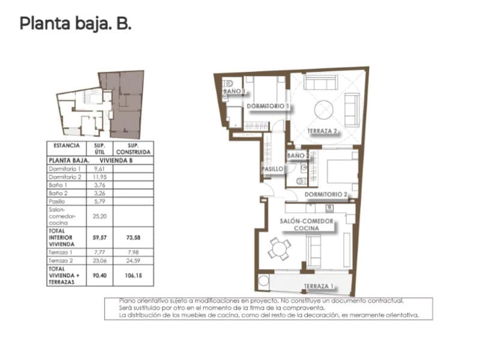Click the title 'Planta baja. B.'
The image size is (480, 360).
[x=75, y=24]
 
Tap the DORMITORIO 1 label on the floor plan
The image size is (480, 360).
[x=268, y=106]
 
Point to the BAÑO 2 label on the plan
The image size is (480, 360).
[x=298, y=156]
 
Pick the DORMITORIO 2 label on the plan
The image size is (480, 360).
[x=326, y=194]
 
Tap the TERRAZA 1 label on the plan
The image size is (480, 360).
[x=318, y=286]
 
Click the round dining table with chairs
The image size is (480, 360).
[x=279, y=247]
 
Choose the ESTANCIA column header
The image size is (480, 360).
[x=66, y=146]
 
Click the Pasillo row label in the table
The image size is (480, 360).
[x=58, y=202]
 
